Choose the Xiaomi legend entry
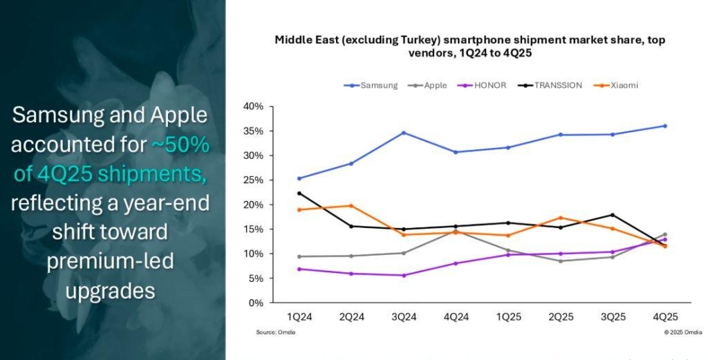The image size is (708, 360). (623, 86)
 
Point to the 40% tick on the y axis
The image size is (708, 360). (254, 106)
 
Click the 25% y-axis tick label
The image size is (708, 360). (254, 180)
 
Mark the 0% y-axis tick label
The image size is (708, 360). (257, 303)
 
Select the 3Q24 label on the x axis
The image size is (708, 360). (404, 317)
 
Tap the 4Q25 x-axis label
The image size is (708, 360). (665, 317)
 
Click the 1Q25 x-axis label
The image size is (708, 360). (508, 317)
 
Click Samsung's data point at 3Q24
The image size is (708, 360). (404, 133)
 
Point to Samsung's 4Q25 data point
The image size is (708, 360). (665, 126)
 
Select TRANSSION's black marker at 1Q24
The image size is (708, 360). (299, 193)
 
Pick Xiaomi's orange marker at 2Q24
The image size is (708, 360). (351, 206)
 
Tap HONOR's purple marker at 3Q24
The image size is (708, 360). (404, 275)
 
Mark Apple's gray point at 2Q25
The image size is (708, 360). (561, 261)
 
